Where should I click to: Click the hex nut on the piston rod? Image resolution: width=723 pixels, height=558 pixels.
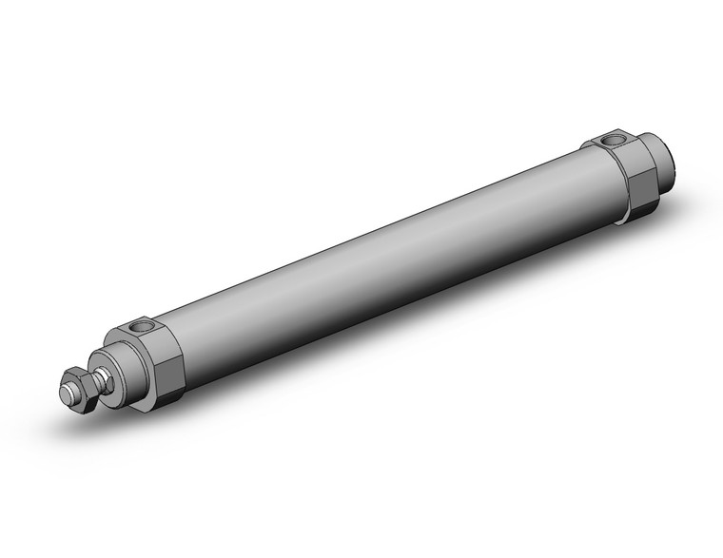79,392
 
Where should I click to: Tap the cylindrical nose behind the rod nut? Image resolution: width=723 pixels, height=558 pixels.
119,375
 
